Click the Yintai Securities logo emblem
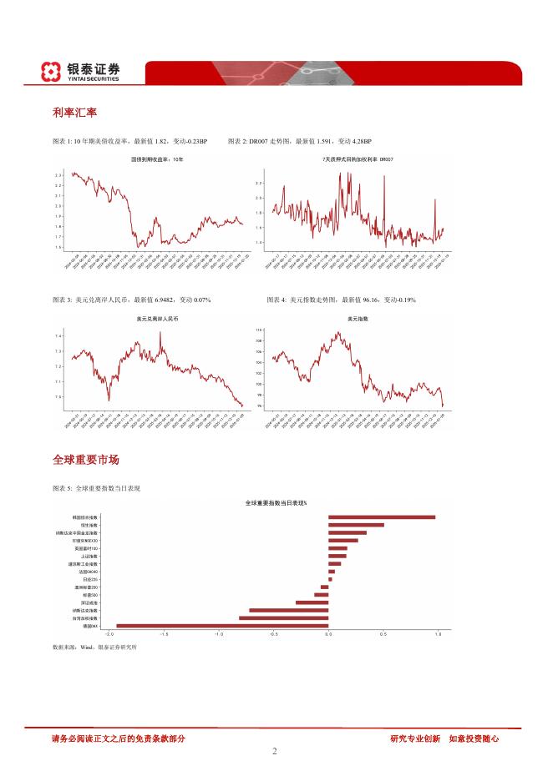(52, 72)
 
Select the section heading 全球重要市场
(85, 460)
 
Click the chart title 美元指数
(358, 319)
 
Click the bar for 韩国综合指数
(381, 517)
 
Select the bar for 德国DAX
(222, 625)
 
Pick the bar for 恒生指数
(356, 525)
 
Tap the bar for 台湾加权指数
(283, 617)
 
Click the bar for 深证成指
(312, 602)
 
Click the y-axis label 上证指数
(90, 556)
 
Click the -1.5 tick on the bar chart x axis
(164, 634)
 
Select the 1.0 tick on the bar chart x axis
(438, 634)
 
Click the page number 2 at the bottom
(275, 750)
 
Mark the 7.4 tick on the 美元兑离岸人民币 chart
(58, 336)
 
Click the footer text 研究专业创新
(415, 738)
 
